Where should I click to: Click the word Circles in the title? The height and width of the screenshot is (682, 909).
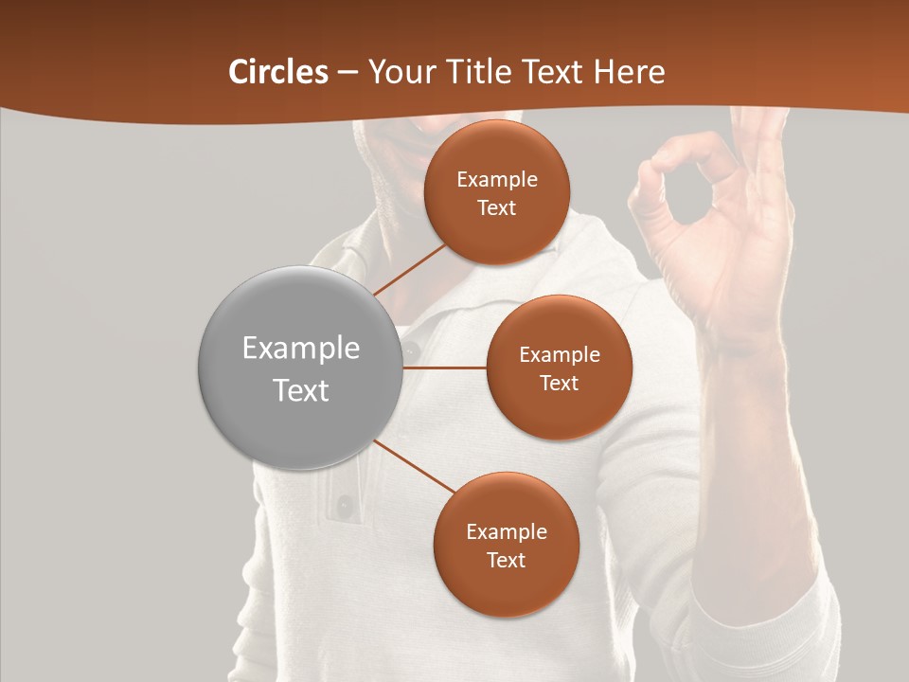[x=278, y=72]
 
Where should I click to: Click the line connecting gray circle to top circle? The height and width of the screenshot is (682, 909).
[x=409, y=268]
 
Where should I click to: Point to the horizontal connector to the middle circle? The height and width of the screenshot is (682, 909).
[x=444, y=368]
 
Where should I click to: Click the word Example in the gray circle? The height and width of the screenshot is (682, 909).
[x=300, y=349]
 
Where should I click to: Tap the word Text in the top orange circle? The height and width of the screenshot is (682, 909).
[x=497, y=207]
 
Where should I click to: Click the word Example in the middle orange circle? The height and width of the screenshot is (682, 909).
[x=559, y=354]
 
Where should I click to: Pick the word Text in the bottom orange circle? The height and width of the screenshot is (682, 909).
[x=506, y=560]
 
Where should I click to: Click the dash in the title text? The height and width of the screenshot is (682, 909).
[x=348, y=73]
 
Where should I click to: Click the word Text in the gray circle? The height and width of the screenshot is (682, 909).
[x=300, y=390]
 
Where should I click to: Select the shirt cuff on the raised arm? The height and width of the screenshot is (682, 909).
[x=767, y=616]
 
